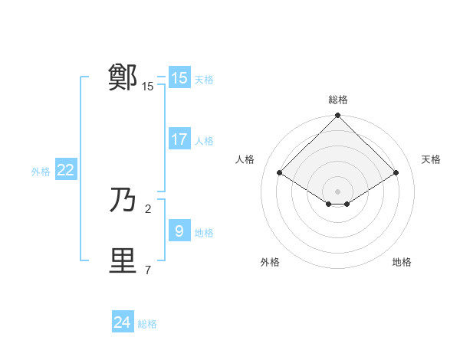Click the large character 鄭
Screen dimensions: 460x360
pos(123,77)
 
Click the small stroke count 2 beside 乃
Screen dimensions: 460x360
pos(148,208)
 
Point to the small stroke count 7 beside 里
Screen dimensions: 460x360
pos(148,270)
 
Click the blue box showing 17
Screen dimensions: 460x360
pos(179,139)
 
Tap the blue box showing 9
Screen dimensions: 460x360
pos(179,231)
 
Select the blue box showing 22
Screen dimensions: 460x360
pos(65,171)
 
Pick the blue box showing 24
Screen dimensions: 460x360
pos(122,322)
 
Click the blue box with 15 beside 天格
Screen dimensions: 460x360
pos(179,78)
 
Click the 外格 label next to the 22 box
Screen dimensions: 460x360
pos(41,172)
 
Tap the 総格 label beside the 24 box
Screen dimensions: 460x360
pos(147,324)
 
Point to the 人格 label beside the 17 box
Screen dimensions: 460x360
pos(205,141)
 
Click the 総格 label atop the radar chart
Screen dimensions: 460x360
pos(338,100)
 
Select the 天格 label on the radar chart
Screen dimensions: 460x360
pos(432,159)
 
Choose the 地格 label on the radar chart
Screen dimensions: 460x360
pos(402,262)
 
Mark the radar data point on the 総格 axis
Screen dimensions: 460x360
pos(338,116)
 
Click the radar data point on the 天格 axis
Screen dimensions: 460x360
pos(396,173)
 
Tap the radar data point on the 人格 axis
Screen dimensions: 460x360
pos(280,173)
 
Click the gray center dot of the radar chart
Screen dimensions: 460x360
pos(338,191)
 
